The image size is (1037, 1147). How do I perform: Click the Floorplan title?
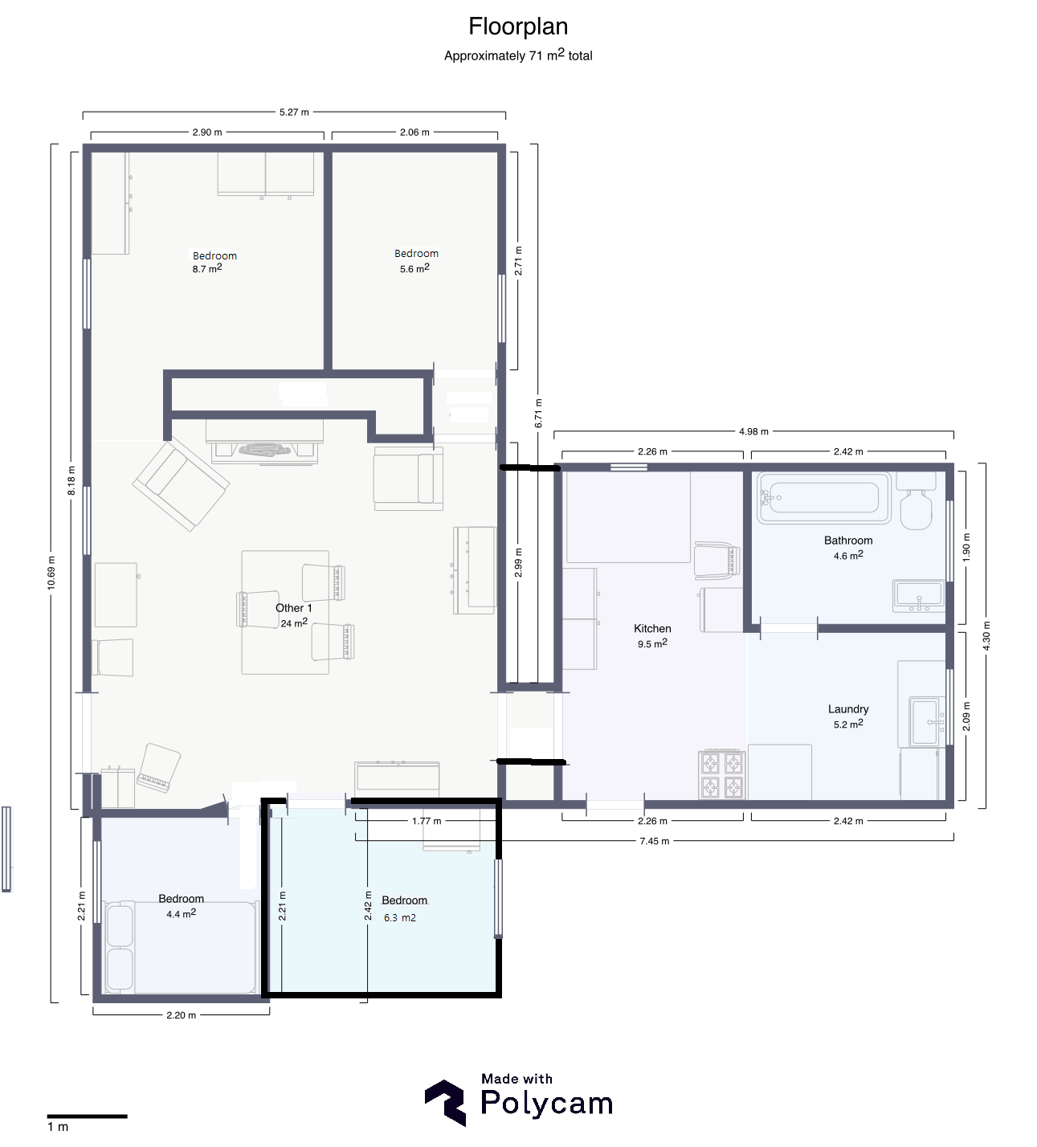pyautogui.click(x=518, y=27)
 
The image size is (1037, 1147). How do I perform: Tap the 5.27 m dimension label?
pyautogui.click(x=294, y=112)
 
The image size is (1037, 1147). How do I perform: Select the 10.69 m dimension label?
pyautogui.click(x=51, y=573)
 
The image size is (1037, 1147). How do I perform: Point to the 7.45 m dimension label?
pyautogui.click(x=655, y=840)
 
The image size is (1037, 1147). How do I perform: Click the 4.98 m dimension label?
pyautogui.click(x=754, y=431)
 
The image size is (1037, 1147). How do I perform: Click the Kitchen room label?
pyautogui.click(x=652, y=628)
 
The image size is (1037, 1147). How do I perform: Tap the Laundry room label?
pyautogui.click(x=848, y=709)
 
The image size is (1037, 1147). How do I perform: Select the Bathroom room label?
pyautogui.click(x=848, y=541)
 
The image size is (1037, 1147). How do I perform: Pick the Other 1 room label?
pyautogui.click(x=294, y=608)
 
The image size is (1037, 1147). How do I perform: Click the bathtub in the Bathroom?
pyautogui.click(x=824, y=498)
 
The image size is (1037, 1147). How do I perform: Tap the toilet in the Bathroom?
pyautogui.click(x=916, y=501)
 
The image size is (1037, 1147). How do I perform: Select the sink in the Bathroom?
pyautogui.click(x=919, y=596)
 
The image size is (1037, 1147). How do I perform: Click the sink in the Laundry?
pyautogui.click(x=927, y=721)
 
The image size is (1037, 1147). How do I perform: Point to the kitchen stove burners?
pyautogui.click(x=722, y=774)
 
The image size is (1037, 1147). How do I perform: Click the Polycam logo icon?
pyautogui.click(x=445, y=1102)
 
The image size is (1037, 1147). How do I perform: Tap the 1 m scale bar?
pyautogui.click(x=87, y=1116)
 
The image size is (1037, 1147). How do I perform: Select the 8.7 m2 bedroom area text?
pyautogui.click(x=207, y=268)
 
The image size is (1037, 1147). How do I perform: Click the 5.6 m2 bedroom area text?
pyautogui.click(x=414, y=268)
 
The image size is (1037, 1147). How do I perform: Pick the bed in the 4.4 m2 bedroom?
pyautogui.click(x=181, y=948)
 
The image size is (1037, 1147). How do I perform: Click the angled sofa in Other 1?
pyautogui.click(x=181, y=487)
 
